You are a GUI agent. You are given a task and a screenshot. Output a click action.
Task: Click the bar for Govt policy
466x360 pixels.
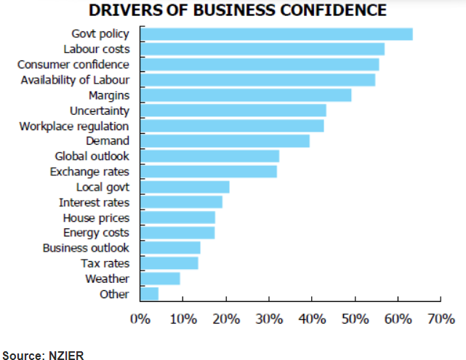coord(276,34)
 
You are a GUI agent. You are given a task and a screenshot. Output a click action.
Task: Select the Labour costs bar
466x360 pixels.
coord(262,49)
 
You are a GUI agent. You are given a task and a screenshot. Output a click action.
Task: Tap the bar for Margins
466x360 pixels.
coord(246,95)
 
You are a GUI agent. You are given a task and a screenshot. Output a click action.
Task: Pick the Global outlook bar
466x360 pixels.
coord(209,156)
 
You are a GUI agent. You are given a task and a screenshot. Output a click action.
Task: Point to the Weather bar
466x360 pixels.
coord(160,279)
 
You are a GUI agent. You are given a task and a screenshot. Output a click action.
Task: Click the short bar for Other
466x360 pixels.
coord(149,294)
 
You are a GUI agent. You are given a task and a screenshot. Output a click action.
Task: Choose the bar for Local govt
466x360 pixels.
coord(185,187)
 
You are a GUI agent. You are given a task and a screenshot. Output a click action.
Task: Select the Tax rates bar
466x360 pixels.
coord(169,263)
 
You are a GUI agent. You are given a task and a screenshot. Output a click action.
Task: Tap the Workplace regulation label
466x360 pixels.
coord(74,126)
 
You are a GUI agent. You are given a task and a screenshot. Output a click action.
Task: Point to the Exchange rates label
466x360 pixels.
coord(89,172)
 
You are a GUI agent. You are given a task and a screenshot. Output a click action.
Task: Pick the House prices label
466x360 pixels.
coord(96,217)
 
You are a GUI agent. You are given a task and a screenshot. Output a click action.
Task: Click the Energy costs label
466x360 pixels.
coord(96,233)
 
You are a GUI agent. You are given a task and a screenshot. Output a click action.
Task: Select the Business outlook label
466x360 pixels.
coord(86,248)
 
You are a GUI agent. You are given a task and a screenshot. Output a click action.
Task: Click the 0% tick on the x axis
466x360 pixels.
coord(140,319)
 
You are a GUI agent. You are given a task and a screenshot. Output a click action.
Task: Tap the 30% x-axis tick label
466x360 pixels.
coord(269,319)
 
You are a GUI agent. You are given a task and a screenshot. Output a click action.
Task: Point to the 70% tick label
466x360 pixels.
coord(441,319)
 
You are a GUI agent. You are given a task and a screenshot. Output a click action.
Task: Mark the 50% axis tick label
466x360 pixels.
coord(355,319)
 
